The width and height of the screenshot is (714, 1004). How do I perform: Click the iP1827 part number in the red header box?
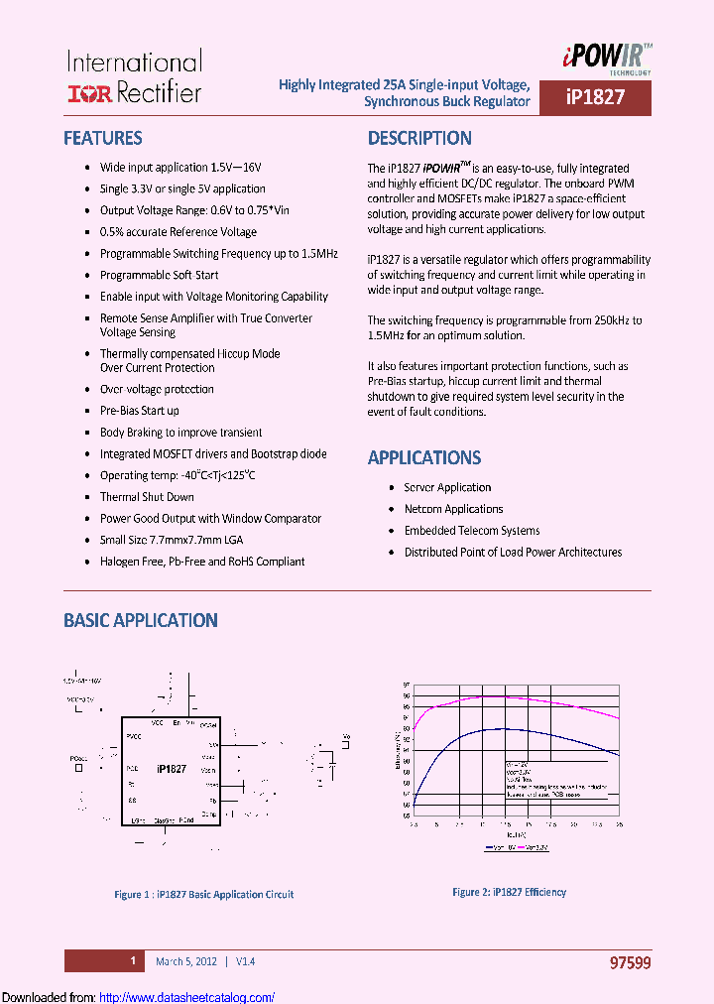595,99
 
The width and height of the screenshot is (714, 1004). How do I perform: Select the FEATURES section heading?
103,139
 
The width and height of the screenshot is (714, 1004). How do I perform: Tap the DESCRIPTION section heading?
419,139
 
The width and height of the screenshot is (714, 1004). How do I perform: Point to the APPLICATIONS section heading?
424,457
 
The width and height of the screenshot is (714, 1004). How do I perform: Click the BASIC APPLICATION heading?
141,620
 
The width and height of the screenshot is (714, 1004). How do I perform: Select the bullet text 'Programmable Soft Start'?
159,275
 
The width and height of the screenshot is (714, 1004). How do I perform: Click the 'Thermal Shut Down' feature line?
147,497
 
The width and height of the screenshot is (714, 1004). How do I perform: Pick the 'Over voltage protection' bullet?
157,389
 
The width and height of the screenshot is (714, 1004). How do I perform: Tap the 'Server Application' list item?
447,487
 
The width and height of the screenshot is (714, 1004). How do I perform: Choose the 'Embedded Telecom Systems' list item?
472,531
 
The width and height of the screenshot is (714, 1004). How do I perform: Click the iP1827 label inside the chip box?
172,769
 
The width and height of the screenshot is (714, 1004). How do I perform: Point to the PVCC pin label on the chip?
134,735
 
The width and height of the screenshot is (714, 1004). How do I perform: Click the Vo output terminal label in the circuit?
346,737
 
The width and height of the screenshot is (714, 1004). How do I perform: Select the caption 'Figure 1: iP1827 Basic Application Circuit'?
204,894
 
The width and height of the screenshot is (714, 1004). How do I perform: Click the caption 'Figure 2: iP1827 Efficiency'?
510,892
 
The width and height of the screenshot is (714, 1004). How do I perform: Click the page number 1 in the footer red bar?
132,961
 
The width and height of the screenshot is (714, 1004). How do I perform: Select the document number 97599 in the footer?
630,962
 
